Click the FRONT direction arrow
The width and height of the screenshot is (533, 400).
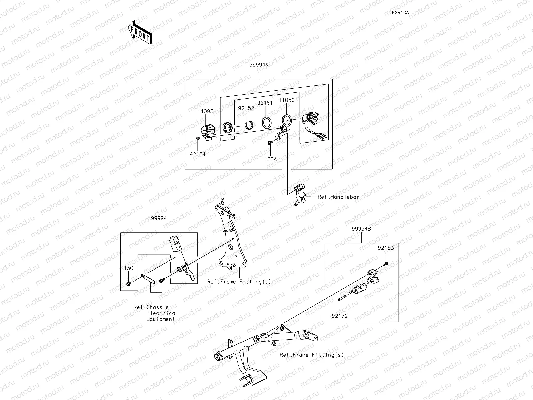140,32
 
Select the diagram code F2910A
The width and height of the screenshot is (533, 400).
400,13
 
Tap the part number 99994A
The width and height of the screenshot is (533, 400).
259,65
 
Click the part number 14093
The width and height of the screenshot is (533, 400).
205,111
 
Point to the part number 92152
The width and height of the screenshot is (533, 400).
246,108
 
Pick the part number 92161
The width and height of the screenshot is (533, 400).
265,103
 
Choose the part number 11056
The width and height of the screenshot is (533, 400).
287,100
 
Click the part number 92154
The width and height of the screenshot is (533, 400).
198,154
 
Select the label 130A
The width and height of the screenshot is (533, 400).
270,159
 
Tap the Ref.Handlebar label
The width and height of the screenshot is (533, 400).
338,197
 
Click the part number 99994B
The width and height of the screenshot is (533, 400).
361,229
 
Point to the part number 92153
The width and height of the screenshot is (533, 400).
386,248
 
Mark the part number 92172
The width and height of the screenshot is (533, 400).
340,316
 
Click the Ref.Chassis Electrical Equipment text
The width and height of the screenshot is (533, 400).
156,313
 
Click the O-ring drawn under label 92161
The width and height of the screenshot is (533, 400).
266,123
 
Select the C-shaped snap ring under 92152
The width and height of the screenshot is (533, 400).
249,125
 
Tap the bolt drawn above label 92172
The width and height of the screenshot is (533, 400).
342,298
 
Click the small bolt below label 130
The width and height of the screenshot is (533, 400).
129,284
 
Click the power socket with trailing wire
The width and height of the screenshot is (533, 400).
313,125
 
